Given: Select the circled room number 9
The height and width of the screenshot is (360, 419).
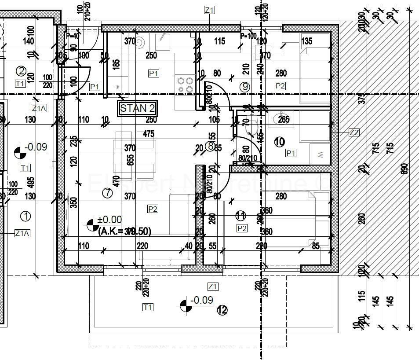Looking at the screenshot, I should [245, 87].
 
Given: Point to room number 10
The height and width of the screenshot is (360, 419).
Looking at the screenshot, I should [279, 142].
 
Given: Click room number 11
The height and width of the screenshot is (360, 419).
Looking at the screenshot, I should [240, 216].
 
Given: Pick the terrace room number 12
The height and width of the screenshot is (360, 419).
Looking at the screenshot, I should [222, 310].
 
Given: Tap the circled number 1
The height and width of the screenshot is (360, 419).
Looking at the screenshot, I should [26, 216].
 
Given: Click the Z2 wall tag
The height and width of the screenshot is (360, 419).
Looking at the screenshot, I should [354, 132].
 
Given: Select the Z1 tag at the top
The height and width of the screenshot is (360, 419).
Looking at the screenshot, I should [209, 10].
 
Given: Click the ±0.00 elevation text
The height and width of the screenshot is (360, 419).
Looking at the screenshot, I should [110, 220].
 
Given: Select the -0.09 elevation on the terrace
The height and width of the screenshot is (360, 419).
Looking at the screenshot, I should [202, 300].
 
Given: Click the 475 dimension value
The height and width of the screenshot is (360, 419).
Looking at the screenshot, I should [149, 134].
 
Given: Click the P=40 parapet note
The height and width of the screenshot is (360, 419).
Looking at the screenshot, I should [73, 36].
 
